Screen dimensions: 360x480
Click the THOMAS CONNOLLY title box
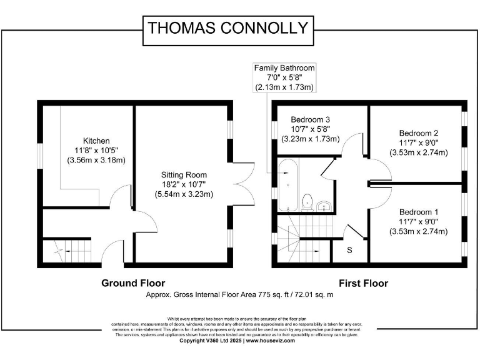pyautogui.click(x=227, y=28)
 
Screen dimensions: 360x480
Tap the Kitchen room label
pyautogui.click(x=97, y=141)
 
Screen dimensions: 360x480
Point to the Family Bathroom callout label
pyautogui.click(x=284, y=67)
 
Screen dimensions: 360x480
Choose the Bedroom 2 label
pyautogui.click(x=419, y=132)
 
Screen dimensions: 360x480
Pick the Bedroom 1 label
pyautogui.click(x=419, y=212)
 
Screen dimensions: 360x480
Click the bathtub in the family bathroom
pyautogui.click(x=288, y=185)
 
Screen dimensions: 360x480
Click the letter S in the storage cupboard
pyautogui.click(x=349, y=250)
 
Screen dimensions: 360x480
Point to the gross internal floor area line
pyautogui.click(x=239, y=294)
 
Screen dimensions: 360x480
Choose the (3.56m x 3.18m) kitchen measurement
pyautogui.click(x=97, y=161)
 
